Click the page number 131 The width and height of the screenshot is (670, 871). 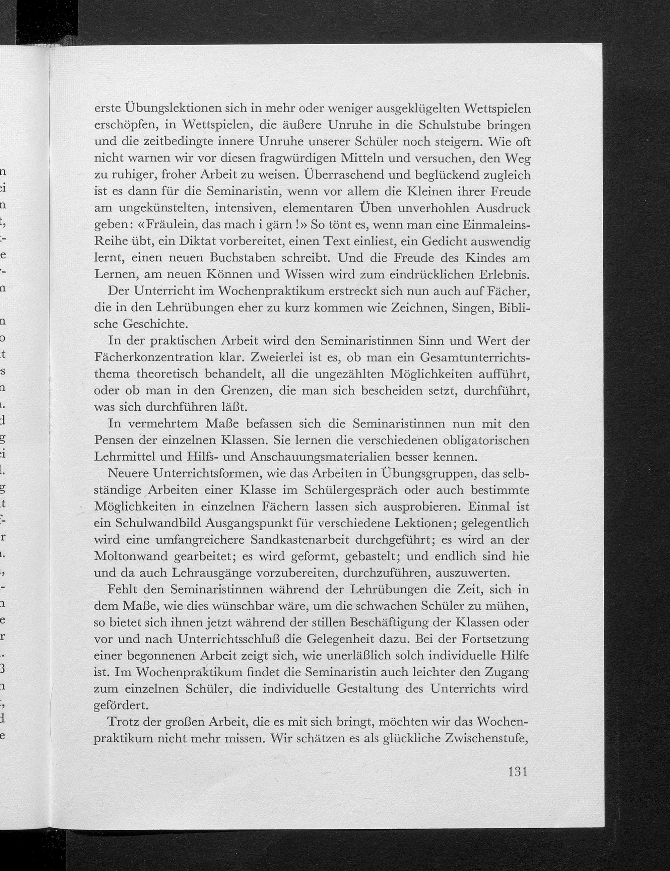click(518, 794)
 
